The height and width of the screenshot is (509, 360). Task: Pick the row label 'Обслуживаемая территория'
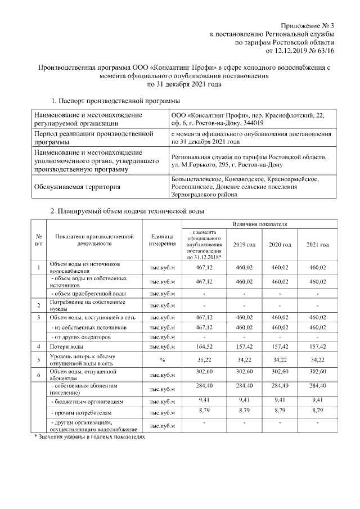pyautogui.click(x=77, y=187)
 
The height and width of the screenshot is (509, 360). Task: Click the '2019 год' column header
pyautogui.click(x=244, y=245)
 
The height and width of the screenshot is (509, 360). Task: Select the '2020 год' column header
pyautogui.click(x=280, y=245)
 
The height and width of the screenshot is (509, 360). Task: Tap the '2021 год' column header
pyautogui.click(x=317, y=245)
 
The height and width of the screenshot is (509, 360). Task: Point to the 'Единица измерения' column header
pyautogui.click(x=162, y=241)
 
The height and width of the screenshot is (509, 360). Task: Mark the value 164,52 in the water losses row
pyautogui.click(x=203, y=347)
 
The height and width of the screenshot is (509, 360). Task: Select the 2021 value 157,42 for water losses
pyautogui.click(x=317, y=347)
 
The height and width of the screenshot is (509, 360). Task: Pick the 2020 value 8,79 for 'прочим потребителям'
pyautogui.click(x=280, y=411)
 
